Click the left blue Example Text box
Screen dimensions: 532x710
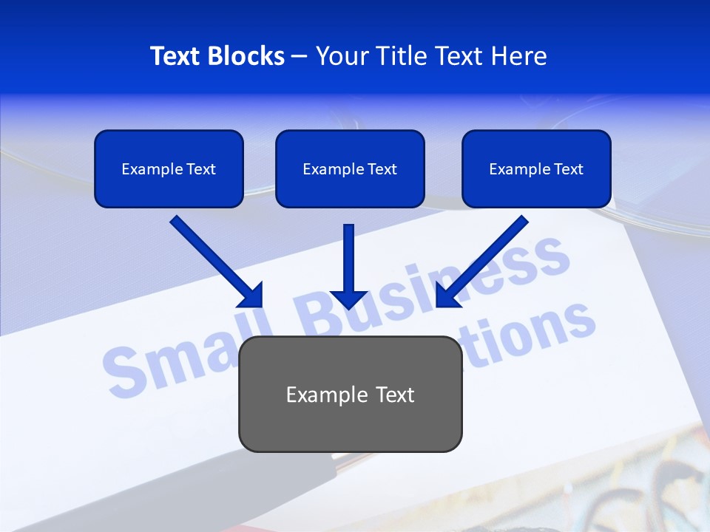tap(169, 168)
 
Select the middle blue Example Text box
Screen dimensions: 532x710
tap(350, 168)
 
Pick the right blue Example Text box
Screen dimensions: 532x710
tap(536, 168)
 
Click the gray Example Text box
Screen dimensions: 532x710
tap(351, 394)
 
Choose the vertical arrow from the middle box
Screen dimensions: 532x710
tap(349, 262)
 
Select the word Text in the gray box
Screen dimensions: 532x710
tap(395, 395)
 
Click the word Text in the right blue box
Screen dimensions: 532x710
tap(568, 169)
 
